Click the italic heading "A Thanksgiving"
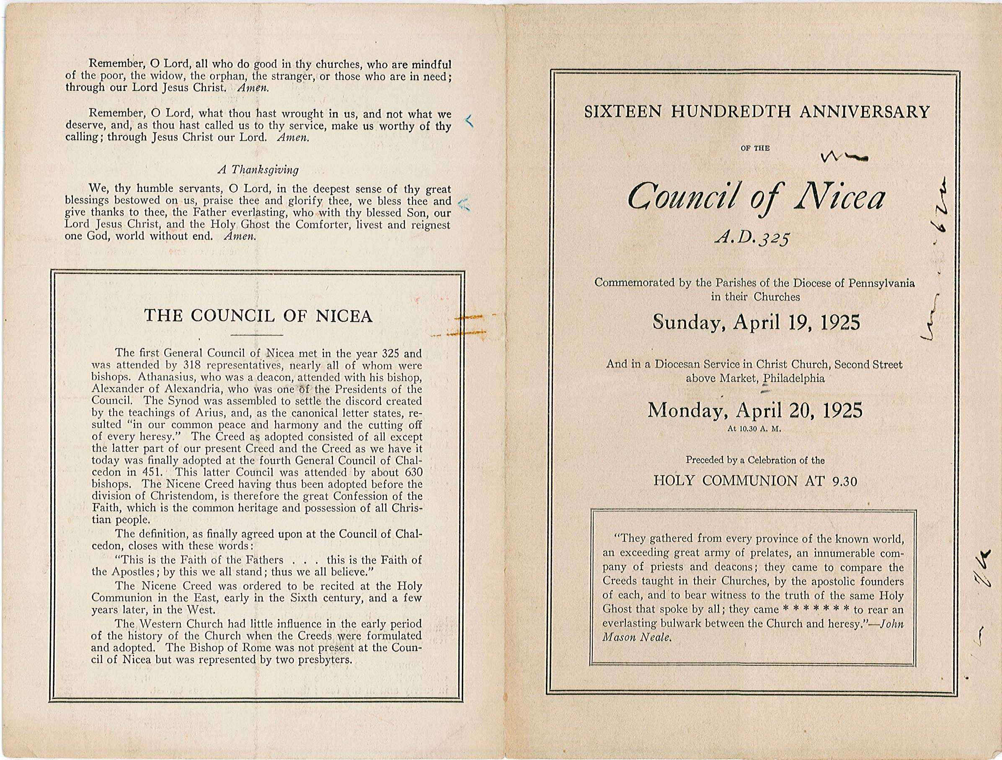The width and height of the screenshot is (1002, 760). click(x=258, y=170)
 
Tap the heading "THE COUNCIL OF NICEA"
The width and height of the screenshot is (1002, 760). click(x=258, y=316)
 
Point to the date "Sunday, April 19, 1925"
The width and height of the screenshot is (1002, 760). click(x=756, y=322)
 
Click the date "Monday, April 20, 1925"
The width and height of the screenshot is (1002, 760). click(x=755, y=410)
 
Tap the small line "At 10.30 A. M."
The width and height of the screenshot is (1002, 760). click(x=754, y=428)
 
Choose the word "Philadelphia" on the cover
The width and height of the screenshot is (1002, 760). click(x=794, y=378)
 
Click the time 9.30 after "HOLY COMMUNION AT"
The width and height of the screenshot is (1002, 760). click(x=845, y=482)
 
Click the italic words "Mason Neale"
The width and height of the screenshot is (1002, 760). click(x=636, y=637)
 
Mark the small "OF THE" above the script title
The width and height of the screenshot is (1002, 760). click(x=755, y=148)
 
